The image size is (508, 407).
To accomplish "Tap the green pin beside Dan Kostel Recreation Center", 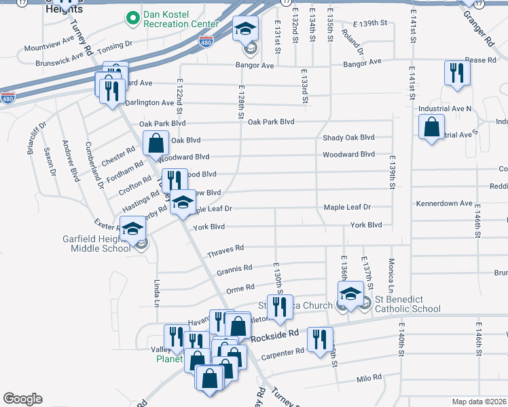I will (130, 18).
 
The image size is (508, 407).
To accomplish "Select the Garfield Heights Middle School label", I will (101, 244).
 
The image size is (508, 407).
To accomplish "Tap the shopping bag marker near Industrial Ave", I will (431, 126).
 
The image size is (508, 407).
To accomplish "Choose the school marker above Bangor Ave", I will (245, 29).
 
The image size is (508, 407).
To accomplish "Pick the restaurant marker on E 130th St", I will (279, 307).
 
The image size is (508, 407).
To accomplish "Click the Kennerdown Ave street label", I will (443, 203).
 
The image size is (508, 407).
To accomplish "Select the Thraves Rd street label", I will (230, 249).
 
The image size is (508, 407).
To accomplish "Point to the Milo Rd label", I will (369, 377).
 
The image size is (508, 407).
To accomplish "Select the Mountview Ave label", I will (49, 47).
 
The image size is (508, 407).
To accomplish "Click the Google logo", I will (22, 399).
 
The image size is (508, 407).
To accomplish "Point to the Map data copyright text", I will (479, 402).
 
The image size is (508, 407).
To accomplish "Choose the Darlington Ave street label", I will (149, 102).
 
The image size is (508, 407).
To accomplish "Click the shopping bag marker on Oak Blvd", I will (156, 143).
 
